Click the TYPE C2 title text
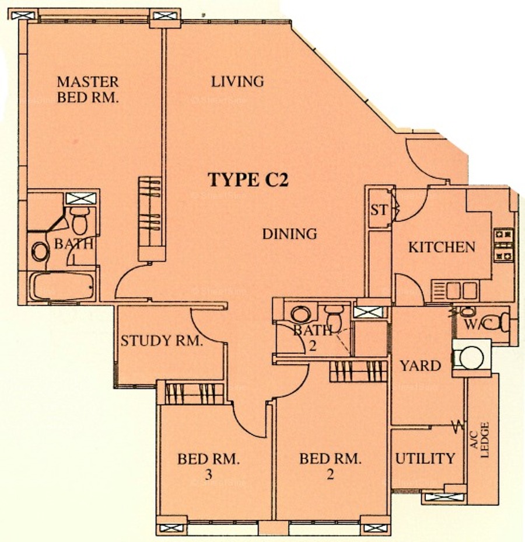pos(248,180)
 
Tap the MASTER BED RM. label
pos(87,89)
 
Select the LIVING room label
pos(237,82)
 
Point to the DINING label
pos(289,234)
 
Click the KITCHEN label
pos(442,247)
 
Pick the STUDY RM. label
pos(162,341)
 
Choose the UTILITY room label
pos(425,458)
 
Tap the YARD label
pos(421,366)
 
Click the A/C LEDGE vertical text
pos(480,440)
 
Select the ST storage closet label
pos(379,210)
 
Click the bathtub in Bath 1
pos(63,286)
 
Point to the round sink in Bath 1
pos(40,252)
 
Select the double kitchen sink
pos(455,290)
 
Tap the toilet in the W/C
pos(498,322)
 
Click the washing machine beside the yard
pos(471,358)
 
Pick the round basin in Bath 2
pos(299,314)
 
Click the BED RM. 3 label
pos(208,466)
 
